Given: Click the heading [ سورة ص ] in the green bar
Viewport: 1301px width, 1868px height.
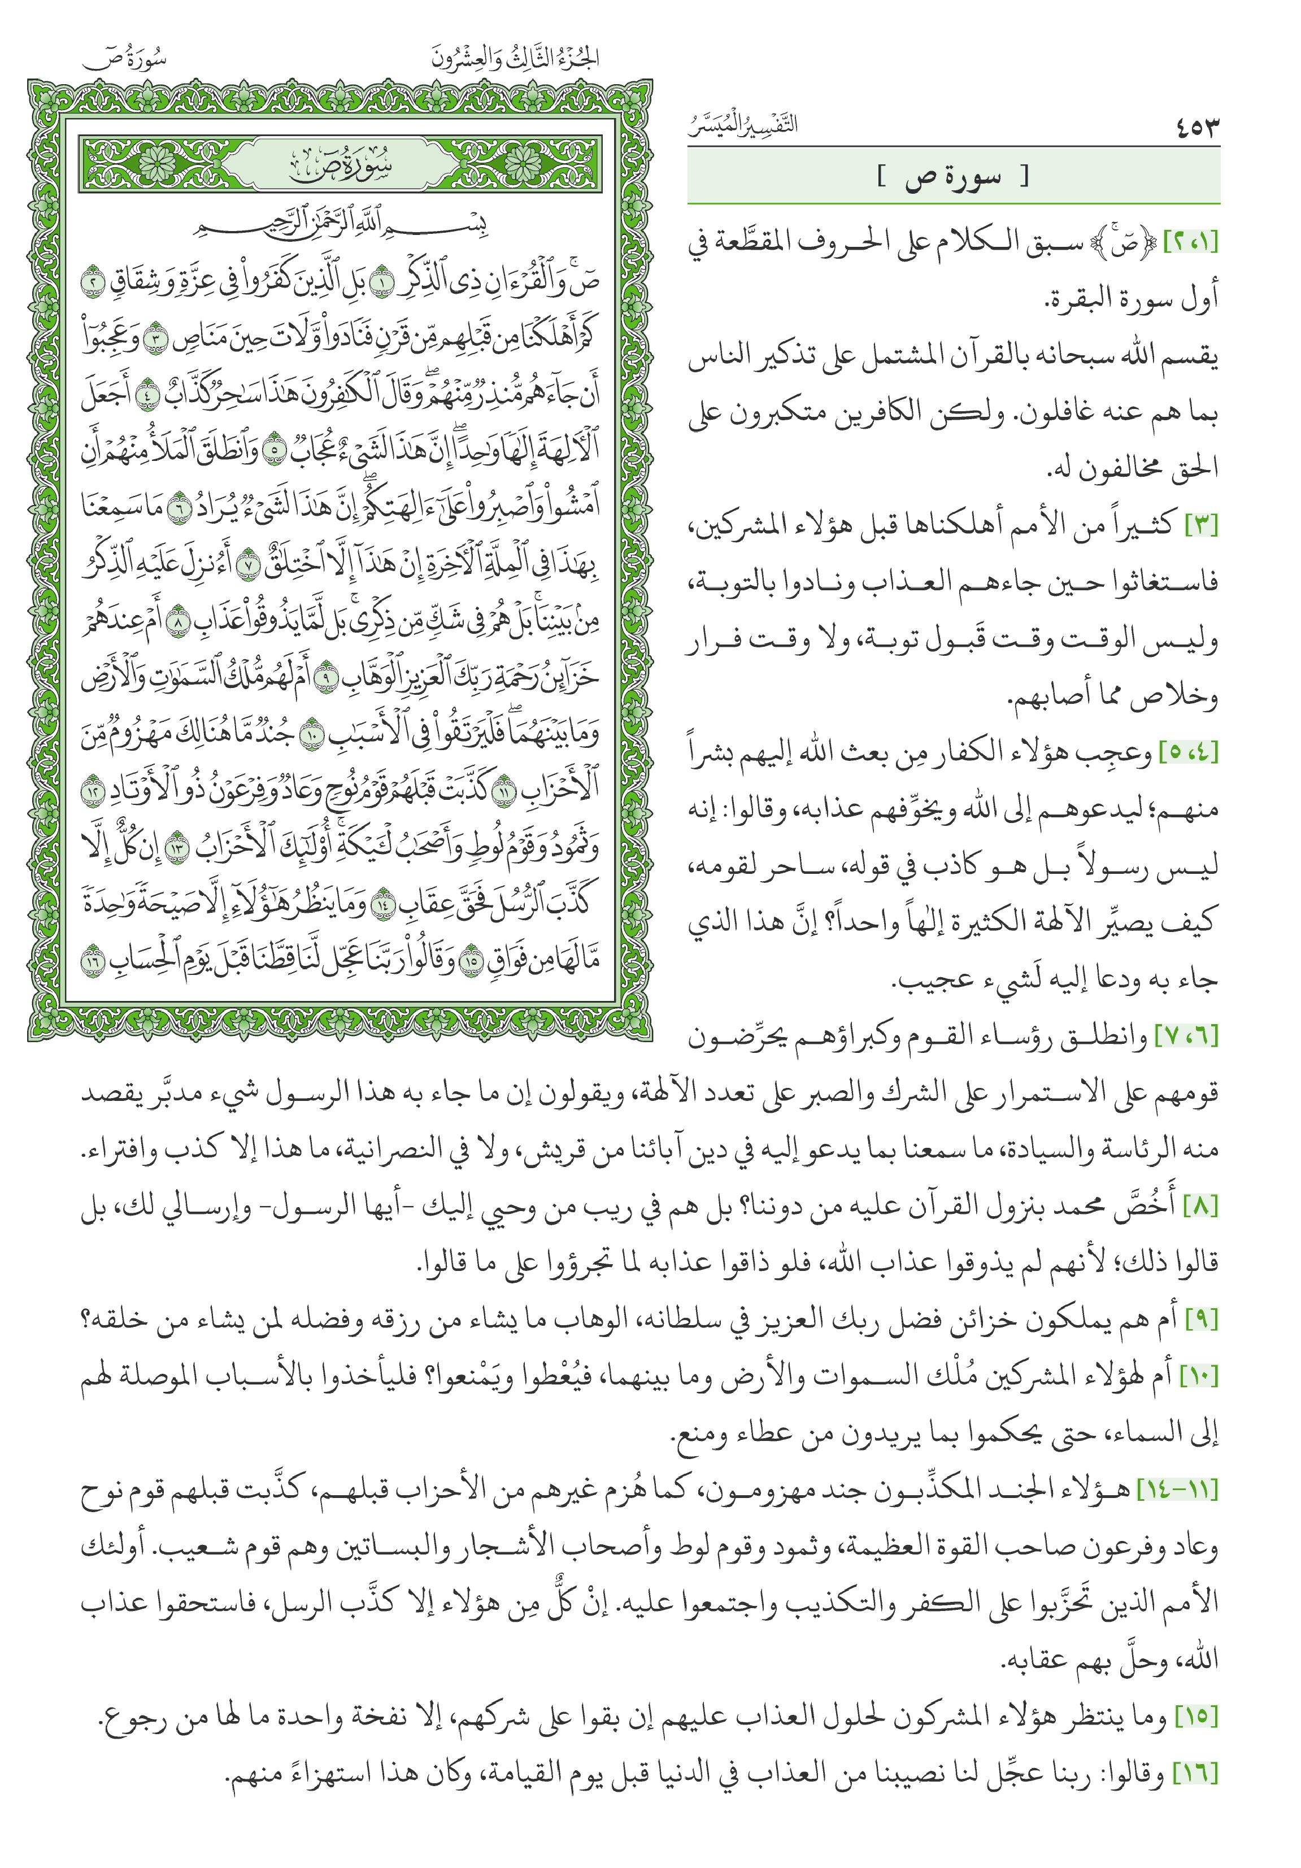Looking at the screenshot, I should point(953,177).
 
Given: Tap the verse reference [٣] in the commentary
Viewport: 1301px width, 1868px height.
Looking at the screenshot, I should point(1201,525).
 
